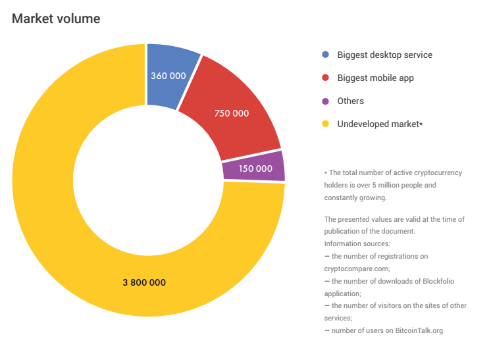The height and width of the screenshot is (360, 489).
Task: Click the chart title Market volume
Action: click(x=56, y=18)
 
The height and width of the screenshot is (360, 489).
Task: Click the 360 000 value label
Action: click(x=168, y=76)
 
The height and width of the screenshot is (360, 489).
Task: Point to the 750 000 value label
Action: click(x=232, y=113)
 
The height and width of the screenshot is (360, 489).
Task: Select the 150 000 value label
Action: click(x=255, y=168)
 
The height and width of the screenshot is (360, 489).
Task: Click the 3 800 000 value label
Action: click(x=144, y=282)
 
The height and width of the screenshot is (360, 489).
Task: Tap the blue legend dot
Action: click(x=324, y=55)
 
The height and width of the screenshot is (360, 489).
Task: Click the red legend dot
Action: click(x=324, y=78)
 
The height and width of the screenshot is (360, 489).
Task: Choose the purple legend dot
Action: click(x=324, y=101)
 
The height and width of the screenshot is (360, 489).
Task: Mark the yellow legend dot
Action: click(x=324, y=124)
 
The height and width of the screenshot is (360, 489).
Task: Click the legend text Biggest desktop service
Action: click(x=384, y=55)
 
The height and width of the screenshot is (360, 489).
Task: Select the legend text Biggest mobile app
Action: click(x=375, y=78)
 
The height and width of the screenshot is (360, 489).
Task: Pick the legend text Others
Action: click(x=350, y=101)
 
